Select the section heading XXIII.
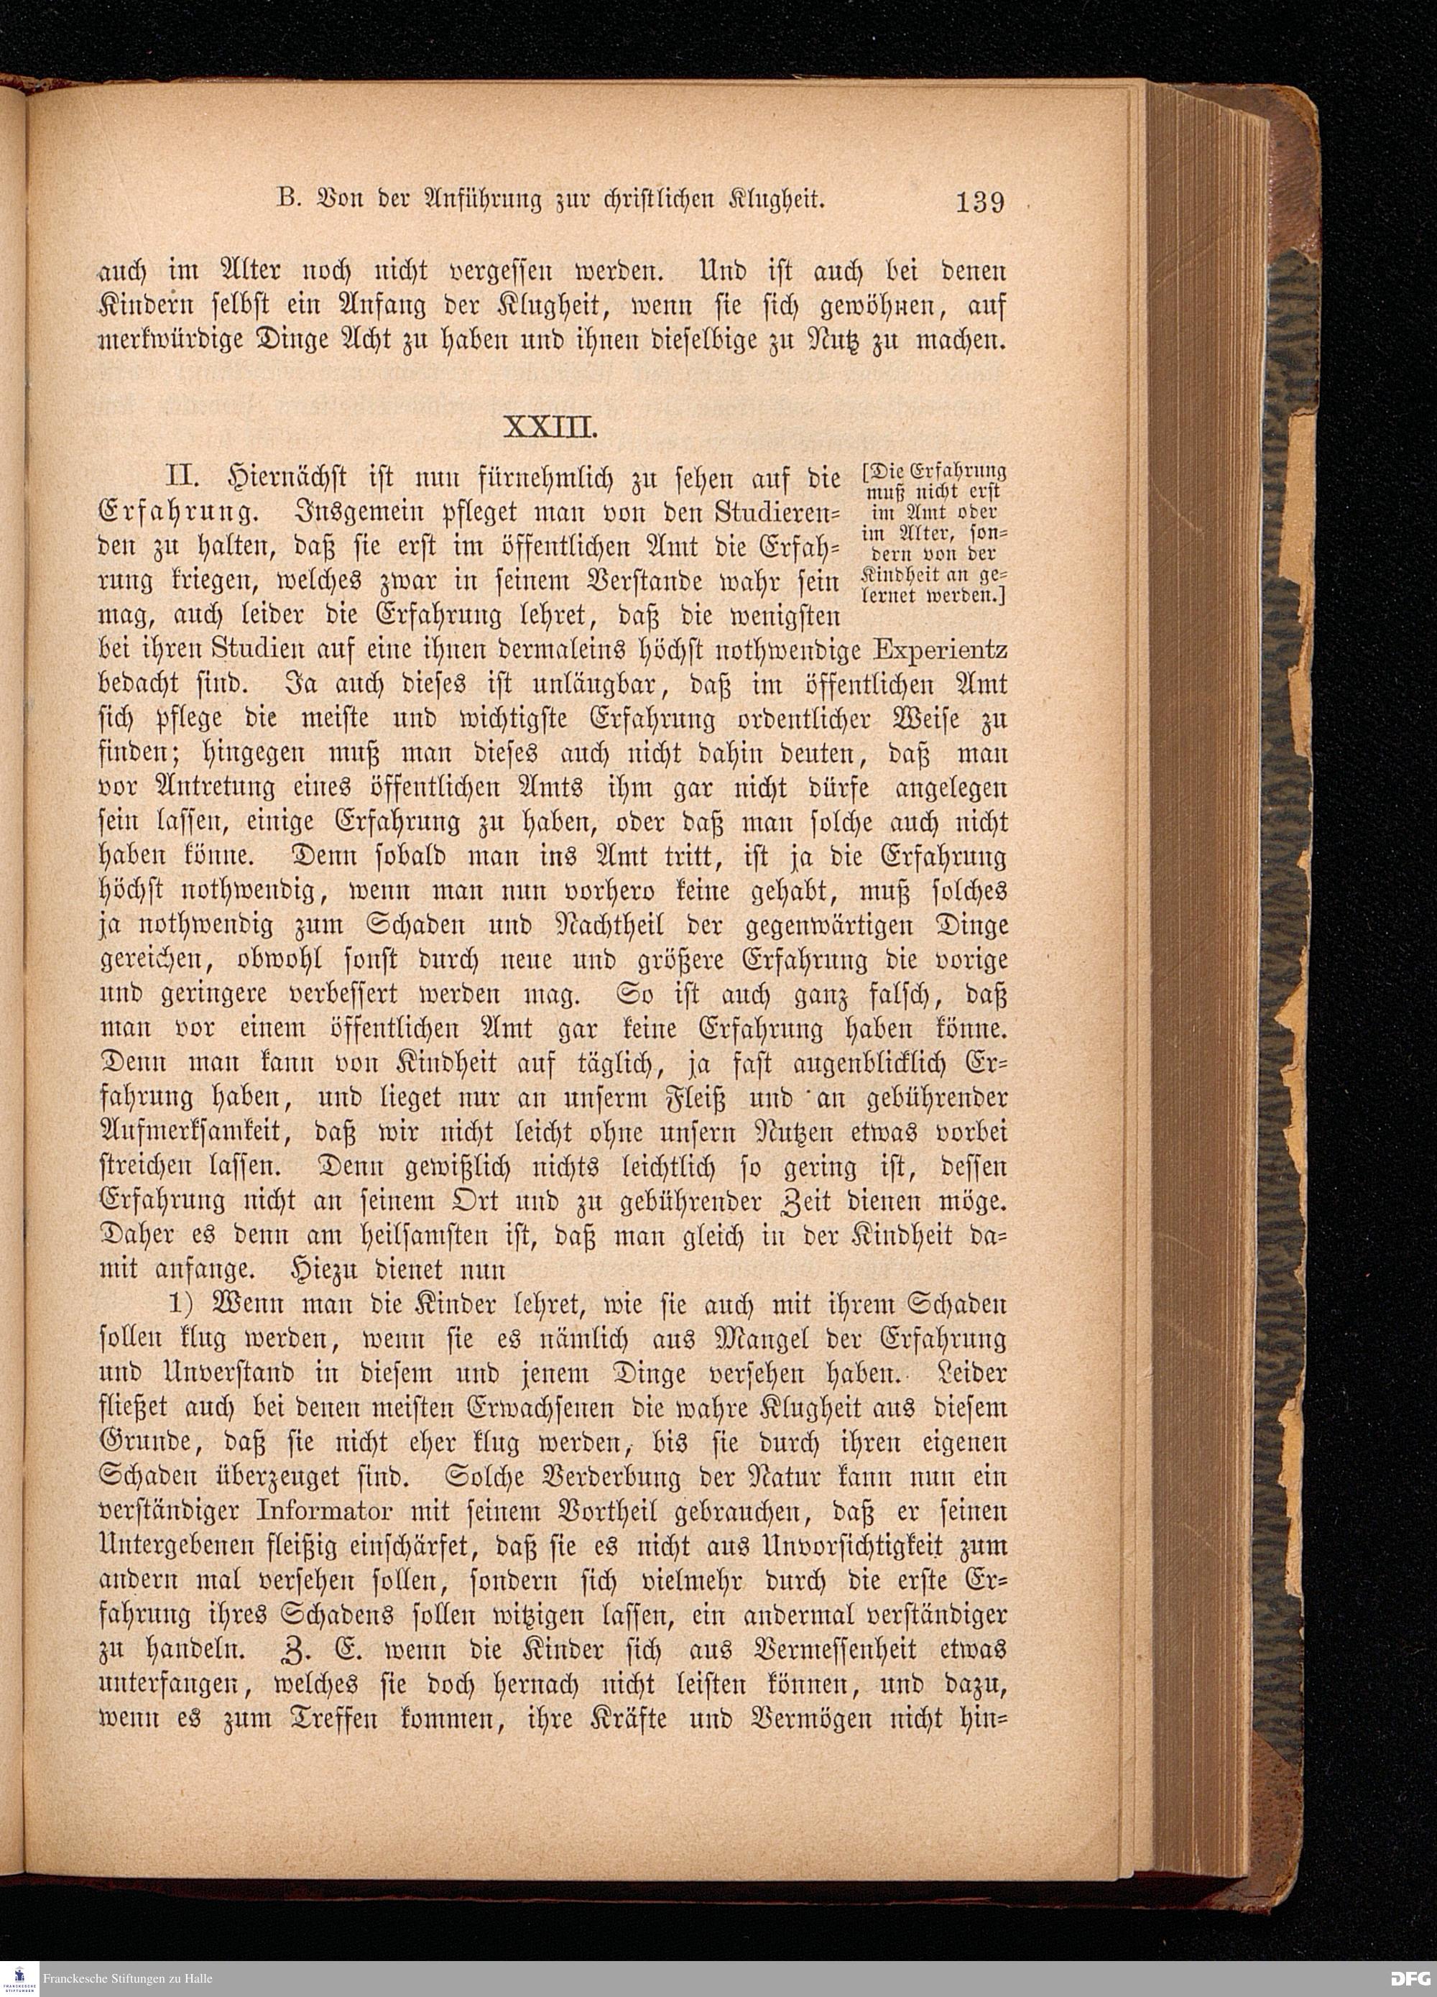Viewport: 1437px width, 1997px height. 551,429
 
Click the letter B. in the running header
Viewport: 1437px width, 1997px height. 285,200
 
